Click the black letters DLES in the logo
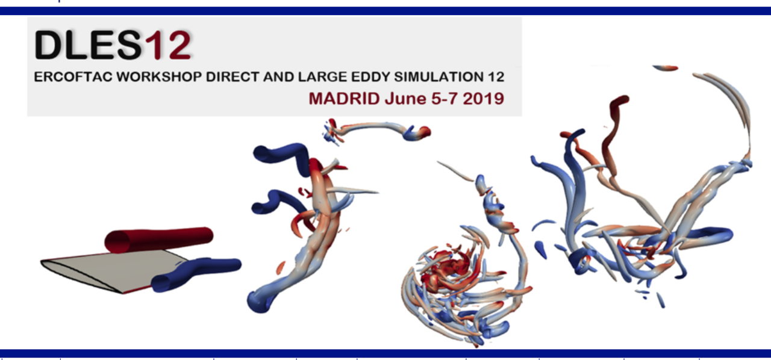(88, 45)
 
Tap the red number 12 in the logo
(167, 45)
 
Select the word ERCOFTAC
(73, 76)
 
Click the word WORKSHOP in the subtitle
(159, 76)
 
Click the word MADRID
(344, 99)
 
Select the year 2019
(483, 99)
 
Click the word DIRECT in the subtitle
(233, 76)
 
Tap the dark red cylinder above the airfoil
(159, 240)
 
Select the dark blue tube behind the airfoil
(196, 273)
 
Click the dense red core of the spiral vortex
(448, 267)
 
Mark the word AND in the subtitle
(278, 76)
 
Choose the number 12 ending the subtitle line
(496, 76)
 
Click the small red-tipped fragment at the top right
(666, 68)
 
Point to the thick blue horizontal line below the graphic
(385, 353)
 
